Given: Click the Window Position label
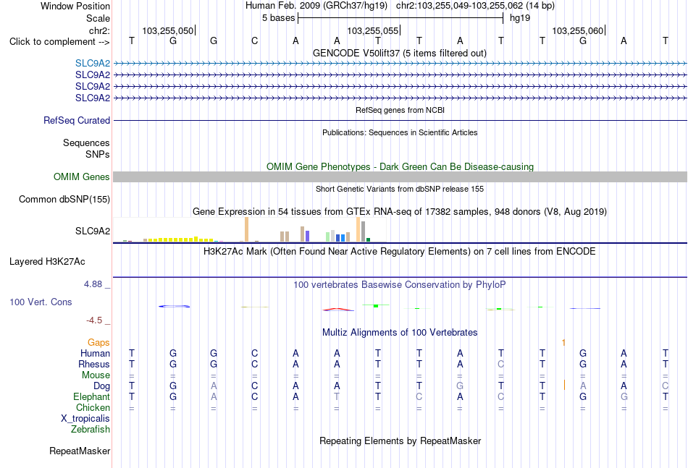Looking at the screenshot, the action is (x=75, y=6).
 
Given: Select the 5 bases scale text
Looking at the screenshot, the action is (x=279, y=18).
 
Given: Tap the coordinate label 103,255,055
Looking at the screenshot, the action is (x=372, y=30).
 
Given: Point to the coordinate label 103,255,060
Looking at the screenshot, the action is (x=577, y=30).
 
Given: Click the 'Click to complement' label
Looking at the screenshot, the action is (x=59, y=42).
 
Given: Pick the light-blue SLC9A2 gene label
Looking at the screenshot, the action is (x=93, y=63).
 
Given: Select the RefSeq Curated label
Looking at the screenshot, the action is (x=77, y=121).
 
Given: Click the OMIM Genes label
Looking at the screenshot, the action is (x=82, y=176).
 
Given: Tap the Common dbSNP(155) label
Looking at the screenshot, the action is (x=64, y=200).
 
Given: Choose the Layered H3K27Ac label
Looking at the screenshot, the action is (x=47, y=262).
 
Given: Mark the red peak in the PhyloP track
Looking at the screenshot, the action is (x=338, y=310).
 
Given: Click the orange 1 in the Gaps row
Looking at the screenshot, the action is (x=563, y=342).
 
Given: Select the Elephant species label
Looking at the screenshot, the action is (x=92, y=396).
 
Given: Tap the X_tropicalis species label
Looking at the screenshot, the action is (x=85, y=419).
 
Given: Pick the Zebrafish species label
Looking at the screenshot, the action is (x=91, y=430).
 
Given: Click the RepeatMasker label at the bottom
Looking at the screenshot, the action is (x=80, y=451).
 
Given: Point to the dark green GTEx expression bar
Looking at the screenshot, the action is (x=369, y=239).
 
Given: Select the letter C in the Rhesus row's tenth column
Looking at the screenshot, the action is (x=501, y=364).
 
